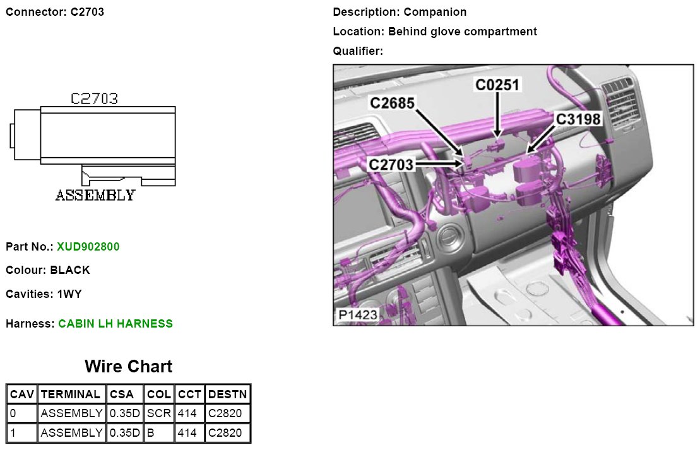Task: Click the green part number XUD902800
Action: pos(88,246)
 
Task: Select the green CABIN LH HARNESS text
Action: pos(115,324)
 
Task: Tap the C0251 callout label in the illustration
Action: pos(497,85)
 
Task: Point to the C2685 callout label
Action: pos(392,103)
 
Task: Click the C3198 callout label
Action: pos(578,119)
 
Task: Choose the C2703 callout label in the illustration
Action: pos(391,165)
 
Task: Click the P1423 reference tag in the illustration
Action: pos(358,315)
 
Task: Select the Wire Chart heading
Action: pos(129,367)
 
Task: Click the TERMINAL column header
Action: pos(71,394)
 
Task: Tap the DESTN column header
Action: pos(228,394)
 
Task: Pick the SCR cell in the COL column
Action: pos(159,413)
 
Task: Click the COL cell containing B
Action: pos(151,432)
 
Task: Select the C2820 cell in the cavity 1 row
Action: pos(225,432)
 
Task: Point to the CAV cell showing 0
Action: pos(13,413)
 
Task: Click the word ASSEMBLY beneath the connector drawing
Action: pos(95,196)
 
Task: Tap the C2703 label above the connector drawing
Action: pos(94,98)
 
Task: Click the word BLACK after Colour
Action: pos(70,270)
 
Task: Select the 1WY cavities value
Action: pos(69,294)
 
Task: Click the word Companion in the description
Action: pos(436,12)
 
